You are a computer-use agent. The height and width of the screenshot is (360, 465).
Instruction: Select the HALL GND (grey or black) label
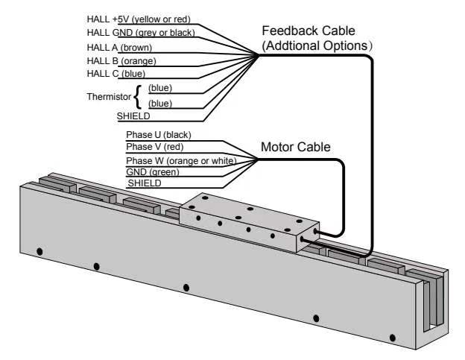tap(141, 33)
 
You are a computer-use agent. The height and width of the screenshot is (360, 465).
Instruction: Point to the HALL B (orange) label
tap(121, 60)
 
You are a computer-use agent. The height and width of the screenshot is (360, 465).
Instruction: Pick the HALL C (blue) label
tap(116, 74)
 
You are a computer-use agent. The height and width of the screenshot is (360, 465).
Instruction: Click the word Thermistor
tap(108, 95)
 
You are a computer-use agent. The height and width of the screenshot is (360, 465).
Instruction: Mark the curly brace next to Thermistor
tap(138, 95)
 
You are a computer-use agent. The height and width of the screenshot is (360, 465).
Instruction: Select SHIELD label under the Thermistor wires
tap(133, 116)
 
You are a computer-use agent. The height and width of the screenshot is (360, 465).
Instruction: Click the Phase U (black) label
tap(159, 135)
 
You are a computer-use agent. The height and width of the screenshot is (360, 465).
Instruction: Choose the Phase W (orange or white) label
tap(181, 160)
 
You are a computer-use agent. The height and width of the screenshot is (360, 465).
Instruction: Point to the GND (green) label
tap(153, 172)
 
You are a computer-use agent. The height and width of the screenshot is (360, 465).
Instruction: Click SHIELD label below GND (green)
tap(145, 183)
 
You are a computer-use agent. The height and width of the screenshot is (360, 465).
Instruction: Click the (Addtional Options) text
tap(317, 45)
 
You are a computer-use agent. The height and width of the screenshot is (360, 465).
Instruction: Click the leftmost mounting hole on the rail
tap(39, 251)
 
